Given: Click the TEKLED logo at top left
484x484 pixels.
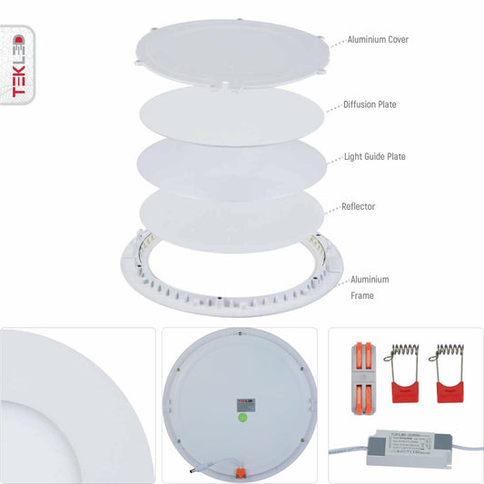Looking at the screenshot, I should pyautogui.click(x=15, y=66).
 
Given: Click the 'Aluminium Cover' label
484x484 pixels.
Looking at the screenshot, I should pyautogui.click(x=377, y=41).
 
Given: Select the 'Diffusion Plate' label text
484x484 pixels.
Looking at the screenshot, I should pyautogui.click(x=370, y=104).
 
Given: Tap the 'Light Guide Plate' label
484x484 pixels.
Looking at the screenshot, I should pyautogui.click(x=374, y=156).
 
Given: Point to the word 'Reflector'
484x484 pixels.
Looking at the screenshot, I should pyautogui.click(x=360, y=206).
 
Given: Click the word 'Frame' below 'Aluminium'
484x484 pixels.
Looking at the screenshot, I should pyautogui.click(x=363, y=295).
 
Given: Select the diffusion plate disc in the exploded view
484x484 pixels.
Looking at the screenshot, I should pyautogui.click(x=232, y=113).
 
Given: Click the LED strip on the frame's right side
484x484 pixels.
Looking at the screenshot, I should pyautogui.click(x=318, y=248).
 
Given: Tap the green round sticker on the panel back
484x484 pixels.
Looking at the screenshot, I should pyautogui.click(x=242, y=418).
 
